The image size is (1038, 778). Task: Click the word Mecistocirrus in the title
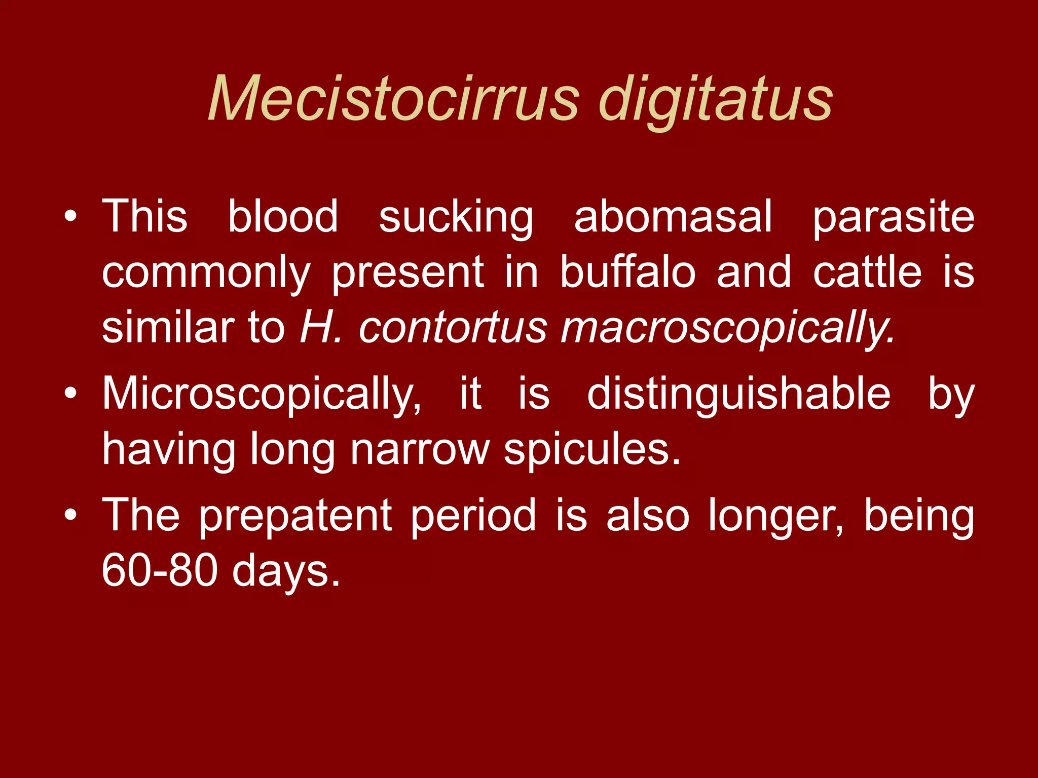coord(393,98)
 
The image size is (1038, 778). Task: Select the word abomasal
coord(673,217)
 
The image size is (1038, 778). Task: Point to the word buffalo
coord(627,272)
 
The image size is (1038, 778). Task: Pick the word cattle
coord(867,272)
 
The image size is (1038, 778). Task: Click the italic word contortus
coord(453,328)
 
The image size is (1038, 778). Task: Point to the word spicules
coord(592,450)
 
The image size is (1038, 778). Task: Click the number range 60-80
coord(160,570)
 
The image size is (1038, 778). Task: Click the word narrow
coord(420,450)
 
